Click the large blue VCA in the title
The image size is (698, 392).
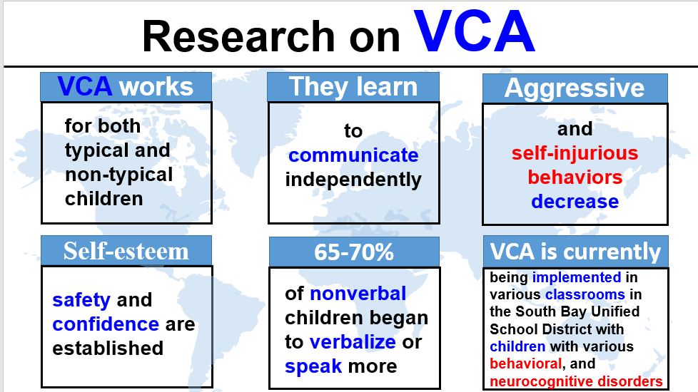point(474,31)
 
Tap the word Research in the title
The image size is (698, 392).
point(238,36)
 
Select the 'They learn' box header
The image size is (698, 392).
point(353,87)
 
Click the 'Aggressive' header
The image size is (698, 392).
point(575,88)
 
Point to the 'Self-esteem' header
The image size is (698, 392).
point(126,251)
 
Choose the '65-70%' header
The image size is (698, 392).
point(354,252)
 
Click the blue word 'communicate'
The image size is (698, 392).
point(353,155)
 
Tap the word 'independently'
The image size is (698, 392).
point(353,180)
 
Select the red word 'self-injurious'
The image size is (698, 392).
point(575,153)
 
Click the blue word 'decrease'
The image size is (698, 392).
point(575,201)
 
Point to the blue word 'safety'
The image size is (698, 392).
point(81,300)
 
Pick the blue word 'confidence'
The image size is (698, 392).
point(106,324)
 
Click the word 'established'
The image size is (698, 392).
point(108,348)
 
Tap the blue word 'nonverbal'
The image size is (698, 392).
point(358,294)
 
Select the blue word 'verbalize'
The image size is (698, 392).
point(353,342)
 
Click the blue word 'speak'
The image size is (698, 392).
point(313,366)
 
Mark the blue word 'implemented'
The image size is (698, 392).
point(577,277)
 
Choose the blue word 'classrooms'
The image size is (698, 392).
point(585,294)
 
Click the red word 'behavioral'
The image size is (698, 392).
point(525,363)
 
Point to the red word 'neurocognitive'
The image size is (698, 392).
point(541,381)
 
